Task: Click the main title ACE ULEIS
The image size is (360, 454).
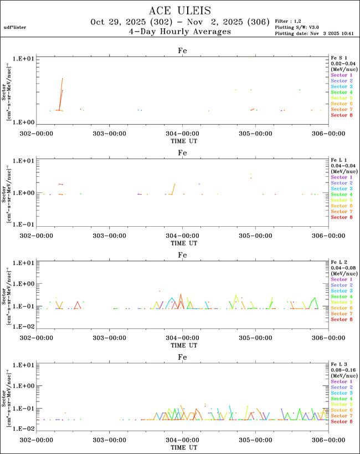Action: (x=179, y=11)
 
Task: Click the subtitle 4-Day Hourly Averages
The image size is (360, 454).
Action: (x=179, y=32)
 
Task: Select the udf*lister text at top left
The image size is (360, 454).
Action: (x=14, y=27)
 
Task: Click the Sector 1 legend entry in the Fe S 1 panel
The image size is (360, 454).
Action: (x=341, y=75)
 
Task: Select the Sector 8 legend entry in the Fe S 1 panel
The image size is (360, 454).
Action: (x=341, y=115)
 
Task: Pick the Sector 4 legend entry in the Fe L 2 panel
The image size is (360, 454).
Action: (x=341, y=297)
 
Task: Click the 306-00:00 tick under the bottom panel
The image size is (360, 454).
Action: (x=328, y=440)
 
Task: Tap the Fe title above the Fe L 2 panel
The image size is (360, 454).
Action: (x=182, y=255)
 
